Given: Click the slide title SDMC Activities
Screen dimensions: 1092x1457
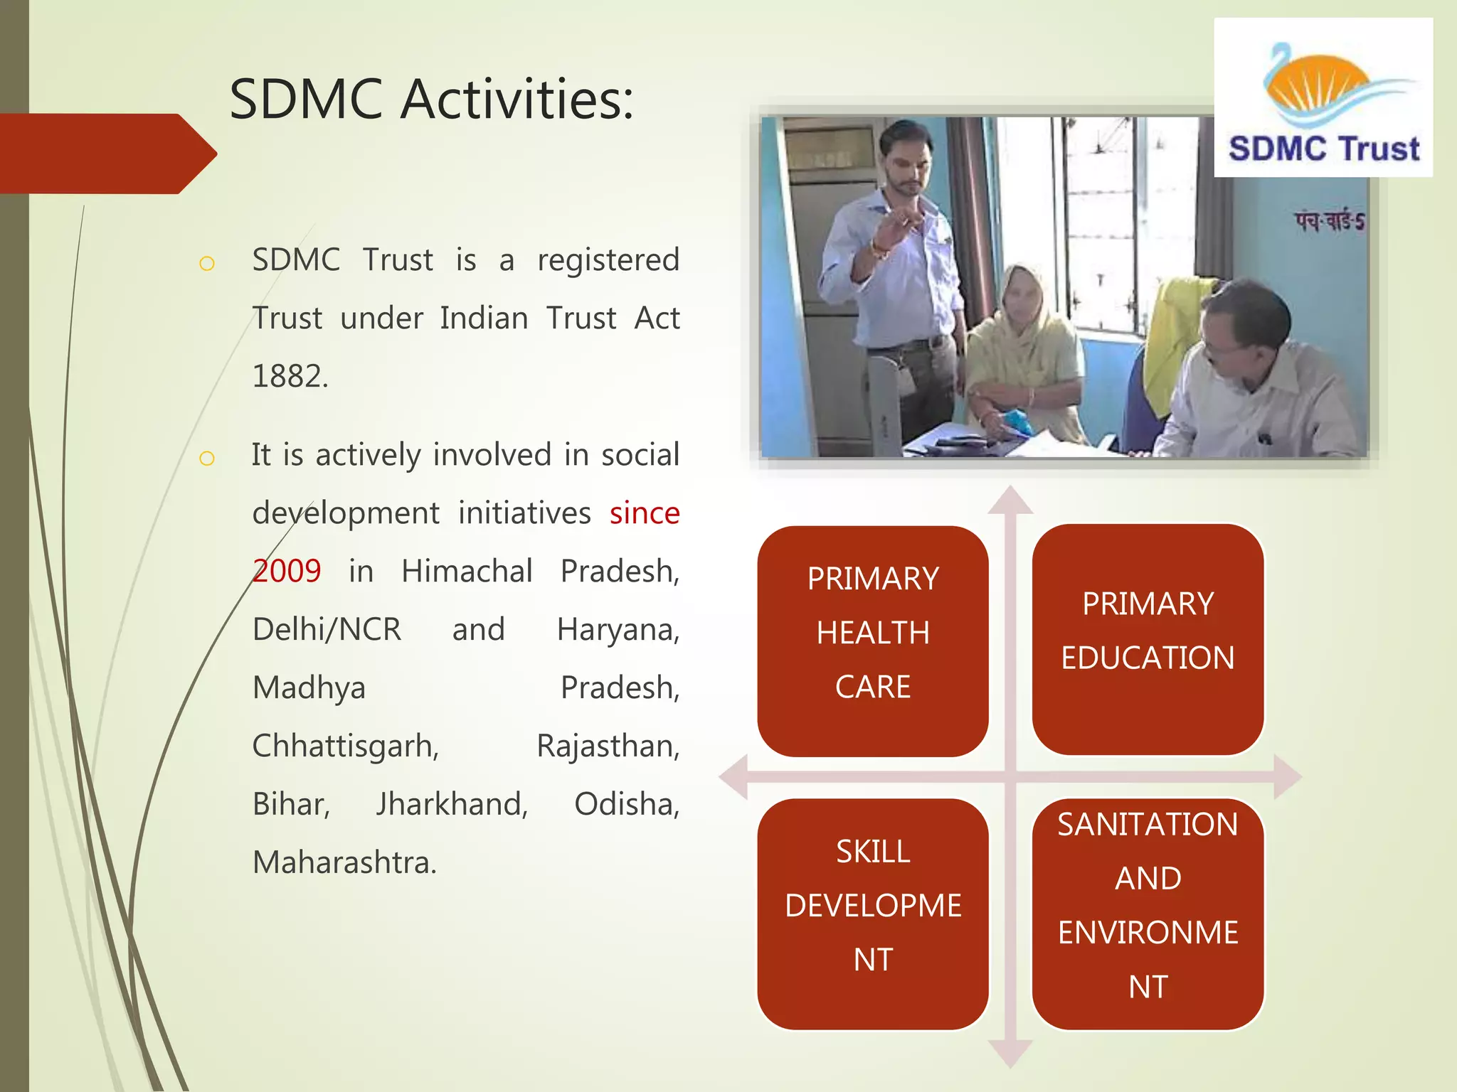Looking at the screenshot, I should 431,100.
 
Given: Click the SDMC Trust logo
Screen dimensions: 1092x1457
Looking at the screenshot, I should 1323,98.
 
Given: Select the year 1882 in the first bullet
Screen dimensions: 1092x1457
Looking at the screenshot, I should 290,376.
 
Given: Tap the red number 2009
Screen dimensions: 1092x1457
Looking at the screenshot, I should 287,571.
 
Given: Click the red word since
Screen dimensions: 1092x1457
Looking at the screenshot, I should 644,513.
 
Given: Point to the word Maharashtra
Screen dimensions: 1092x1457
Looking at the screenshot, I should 344,862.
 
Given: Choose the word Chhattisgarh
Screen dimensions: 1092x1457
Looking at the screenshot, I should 346,746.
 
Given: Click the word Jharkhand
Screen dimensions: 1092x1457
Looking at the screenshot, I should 452,804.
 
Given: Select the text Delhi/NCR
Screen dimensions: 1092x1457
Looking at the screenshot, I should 327,629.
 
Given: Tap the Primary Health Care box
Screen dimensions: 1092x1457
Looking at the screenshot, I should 873,641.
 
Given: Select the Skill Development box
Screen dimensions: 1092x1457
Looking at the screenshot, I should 873,914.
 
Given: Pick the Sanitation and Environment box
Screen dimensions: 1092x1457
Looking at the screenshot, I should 1148,914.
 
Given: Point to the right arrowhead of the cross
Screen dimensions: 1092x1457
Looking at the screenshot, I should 1287,776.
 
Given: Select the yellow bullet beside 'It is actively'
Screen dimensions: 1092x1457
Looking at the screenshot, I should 207,458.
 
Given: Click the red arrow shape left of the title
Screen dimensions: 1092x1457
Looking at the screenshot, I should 107,154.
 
